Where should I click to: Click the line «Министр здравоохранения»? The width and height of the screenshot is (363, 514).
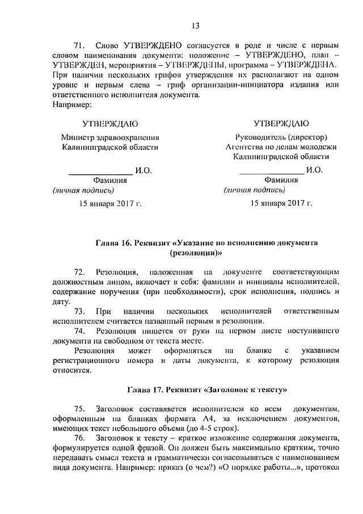pyautogui.click(x=110, y=137)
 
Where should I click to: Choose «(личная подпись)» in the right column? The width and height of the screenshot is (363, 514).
pyautogui.click(x=254, y=190)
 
